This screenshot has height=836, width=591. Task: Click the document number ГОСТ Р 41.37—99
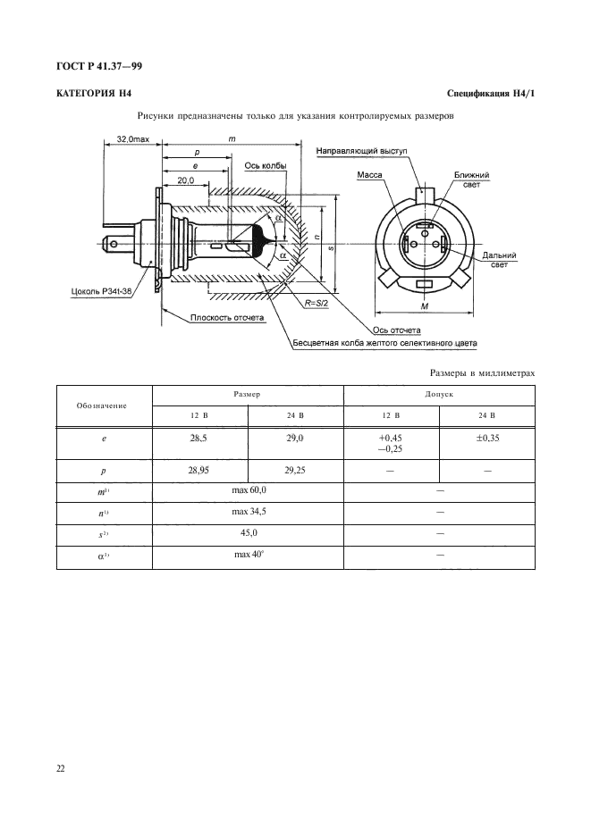tap(98, 66)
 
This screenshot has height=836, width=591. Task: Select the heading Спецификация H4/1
tap(491, 94)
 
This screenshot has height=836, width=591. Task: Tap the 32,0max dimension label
tap(133, 139)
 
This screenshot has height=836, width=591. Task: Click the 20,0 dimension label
tap(186, 180)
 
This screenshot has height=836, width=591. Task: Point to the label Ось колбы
tap(266, 165)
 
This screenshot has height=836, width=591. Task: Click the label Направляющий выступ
tap(361, 151)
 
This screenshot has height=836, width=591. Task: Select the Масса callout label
tap(369, 174)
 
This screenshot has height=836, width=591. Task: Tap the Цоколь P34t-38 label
tap(101, 292)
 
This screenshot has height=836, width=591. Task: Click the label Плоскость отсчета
tap(227, 318)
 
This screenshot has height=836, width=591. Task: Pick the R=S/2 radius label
tap(316, 302)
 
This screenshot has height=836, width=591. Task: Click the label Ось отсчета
tap(397, 330)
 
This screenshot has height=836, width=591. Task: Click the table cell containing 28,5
tap(199, 443)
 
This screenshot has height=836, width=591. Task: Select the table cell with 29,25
tap(295, 471)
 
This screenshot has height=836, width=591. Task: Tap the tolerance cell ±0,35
tap(487, 443)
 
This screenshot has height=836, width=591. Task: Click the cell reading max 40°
tap(248, 557)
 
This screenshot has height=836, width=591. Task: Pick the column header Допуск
tap(439, 395)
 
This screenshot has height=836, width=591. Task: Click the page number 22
tap(60, 768)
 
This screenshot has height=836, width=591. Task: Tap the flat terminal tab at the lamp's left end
tap(117, 245)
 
